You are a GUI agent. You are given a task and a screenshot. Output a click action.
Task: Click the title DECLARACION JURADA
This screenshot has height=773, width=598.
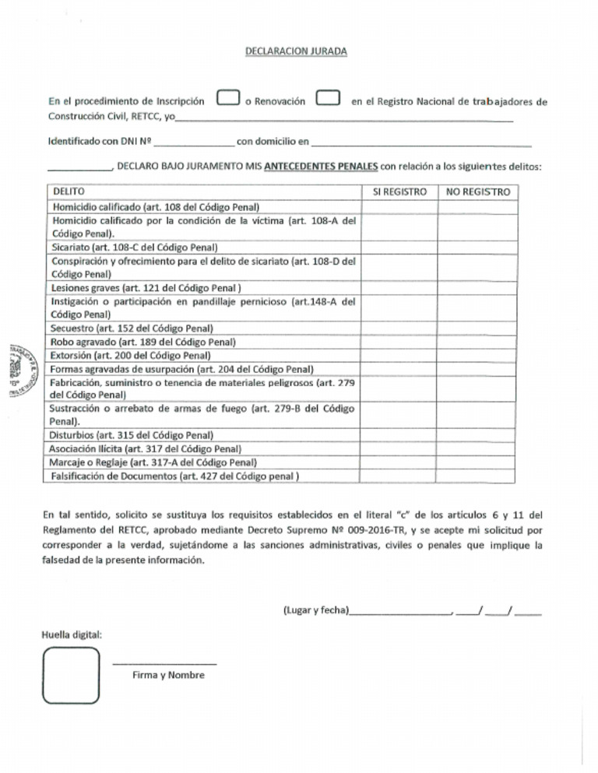click(296, 51)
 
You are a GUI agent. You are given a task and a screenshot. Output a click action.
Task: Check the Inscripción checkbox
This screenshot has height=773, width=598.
click(227, 99)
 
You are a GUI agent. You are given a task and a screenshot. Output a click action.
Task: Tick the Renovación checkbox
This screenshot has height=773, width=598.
click(328, 99)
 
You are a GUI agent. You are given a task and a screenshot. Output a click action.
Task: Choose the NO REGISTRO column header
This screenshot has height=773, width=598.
click(478, 191)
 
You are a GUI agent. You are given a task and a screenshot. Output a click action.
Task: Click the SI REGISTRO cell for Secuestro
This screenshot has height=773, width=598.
click(400, 329)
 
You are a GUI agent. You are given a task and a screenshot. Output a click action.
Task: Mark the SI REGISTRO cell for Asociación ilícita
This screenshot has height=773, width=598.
click(400, 448)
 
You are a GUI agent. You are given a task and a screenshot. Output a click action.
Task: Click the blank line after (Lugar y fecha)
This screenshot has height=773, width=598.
click(400, 612)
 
